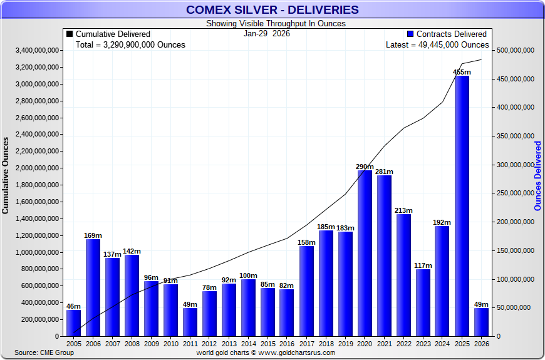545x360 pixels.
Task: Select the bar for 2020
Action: point(365,253)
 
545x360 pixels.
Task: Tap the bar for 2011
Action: point(190,322)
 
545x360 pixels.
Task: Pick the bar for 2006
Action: point(93,287)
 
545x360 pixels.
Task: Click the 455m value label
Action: point(462,72)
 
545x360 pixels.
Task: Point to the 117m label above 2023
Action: point(423,265)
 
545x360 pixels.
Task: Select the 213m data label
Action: point(403,210)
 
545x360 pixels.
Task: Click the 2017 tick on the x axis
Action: point(306,344)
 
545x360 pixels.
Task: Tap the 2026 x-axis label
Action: point(481,344)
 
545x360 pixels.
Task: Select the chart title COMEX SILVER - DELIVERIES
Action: point(272,9)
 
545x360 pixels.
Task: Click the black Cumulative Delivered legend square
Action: point(70,34)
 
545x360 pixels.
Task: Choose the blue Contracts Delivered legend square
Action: point(410,34)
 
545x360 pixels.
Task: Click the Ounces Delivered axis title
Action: point(538,175)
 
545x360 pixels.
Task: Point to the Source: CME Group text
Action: point(44,352)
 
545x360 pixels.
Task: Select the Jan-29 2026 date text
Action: point(267,34)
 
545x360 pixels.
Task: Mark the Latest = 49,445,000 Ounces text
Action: point(437,45)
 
